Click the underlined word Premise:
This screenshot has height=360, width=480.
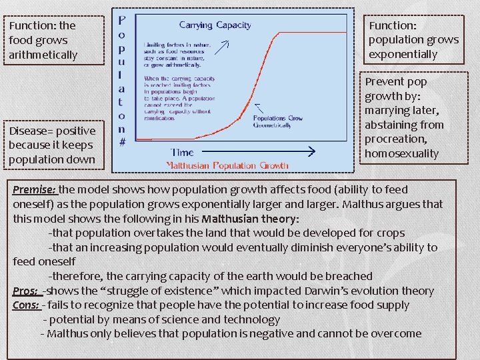[34, 189]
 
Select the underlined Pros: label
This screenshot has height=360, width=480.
[26, 291]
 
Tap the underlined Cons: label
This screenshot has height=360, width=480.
[27, 305]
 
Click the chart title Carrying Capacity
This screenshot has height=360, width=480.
[215, 25]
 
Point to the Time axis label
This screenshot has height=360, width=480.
[182, 152]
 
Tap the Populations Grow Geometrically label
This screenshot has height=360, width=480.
[277, 122]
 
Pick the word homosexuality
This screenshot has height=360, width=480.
[401, 153]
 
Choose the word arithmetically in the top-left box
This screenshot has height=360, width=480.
[43, 55]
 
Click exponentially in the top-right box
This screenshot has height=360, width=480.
[403, 54]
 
